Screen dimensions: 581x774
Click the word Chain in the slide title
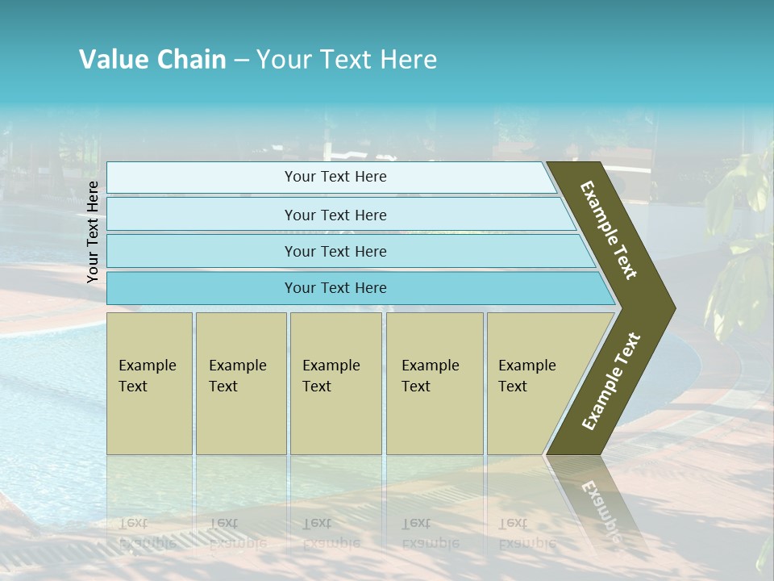pos(191,60)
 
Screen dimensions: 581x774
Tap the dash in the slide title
pos(241,61)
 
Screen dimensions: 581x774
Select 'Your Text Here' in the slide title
pos(347,60)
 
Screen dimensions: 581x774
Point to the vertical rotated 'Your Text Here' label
pos(93,232)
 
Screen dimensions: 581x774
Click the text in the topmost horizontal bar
pos(335,177)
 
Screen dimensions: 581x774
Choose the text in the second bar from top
pos(335,215)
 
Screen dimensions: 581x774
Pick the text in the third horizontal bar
pos(335,251)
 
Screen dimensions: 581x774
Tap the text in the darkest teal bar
pos(335,288)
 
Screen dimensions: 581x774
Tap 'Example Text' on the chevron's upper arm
pos(609,230)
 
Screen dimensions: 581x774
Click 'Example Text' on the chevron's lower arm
pos(611,381)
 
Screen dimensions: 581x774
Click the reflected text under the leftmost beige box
pos(148,533)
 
